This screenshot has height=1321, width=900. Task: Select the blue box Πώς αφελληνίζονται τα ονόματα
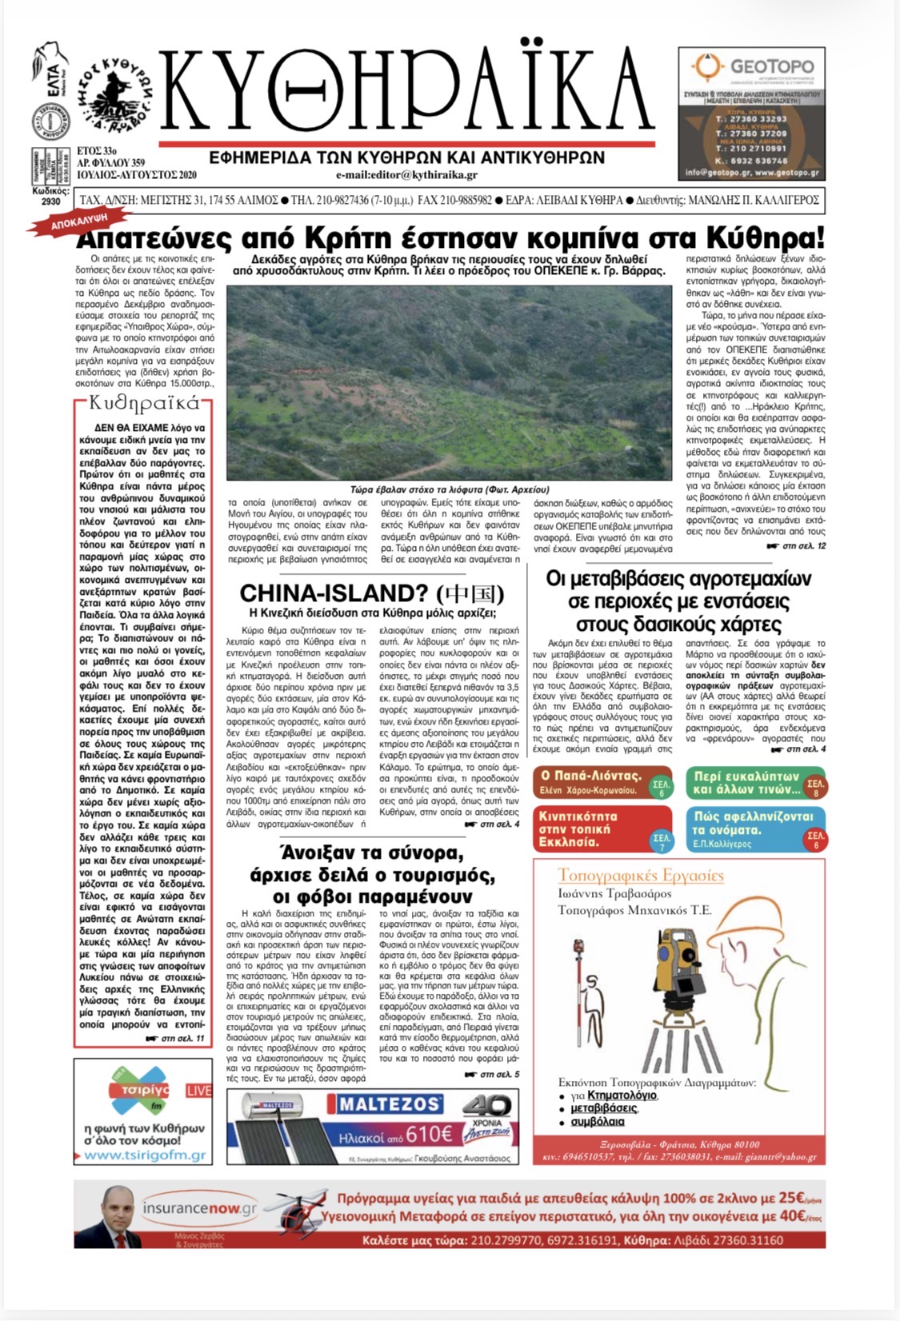pos(755,829)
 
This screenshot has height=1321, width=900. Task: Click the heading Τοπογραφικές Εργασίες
pos(641,875)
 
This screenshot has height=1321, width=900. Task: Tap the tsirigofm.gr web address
pos(144,1155)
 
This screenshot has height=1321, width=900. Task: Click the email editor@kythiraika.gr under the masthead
pos(406,175)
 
